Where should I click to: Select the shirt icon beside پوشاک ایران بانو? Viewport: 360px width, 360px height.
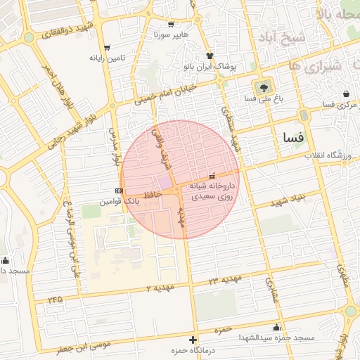pos(209,55)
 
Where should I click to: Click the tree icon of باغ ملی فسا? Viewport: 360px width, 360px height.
pos(264,87)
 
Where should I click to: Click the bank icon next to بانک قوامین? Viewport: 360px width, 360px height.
pos(119,191)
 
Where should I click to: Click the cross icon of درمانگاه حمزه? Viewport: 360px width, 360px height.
pos(193,340)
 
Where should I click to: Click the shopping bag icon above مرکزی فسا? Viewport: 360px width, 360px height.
pos(346,94)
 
